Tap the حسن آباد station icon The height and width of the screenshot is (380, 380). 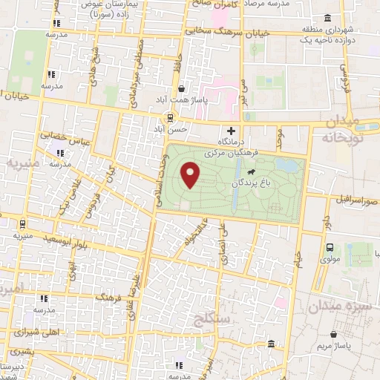pyautogui.click(x=171, y=116)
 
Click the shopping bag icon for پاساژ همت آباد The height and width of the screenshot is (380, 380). pyautogui.click(x=182, y=88)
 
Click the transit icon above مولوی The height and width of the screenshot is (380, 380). pyautogui.click(x=330, y=248)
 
